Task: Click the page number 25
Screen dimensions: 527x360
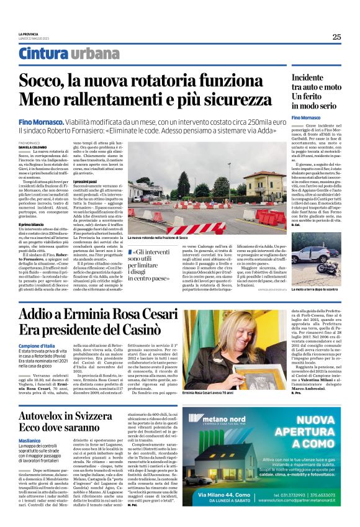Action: [336, 37]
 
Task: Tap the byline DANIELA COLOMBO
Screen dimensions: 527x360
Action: [33, 146]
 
